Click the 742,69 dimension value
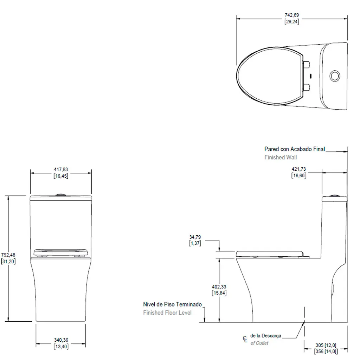[x=292, y=15]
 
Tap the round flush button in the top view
[x=335, y=76]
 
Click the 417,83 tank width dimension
[x=61, y=170]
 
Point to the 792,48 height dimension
[x=8, y=255]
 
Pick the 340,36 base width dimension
[x=61, y=340]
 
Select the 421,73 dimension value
[x=299, y=169]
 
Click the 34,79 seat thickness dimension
[x=195, y=237]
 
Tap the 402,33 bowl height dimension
[x=219, y=287]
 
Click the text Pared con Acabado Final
[x=295, y=149]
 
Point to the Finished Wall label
[x=281, y=157]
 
